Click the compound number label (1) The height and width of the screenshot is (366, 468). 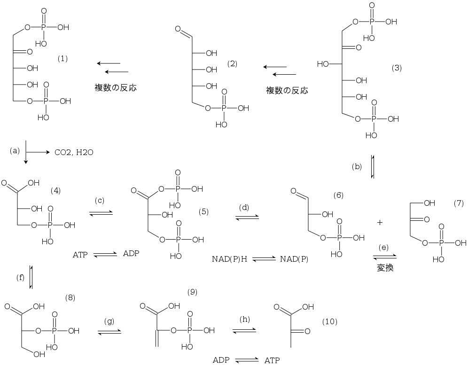(x=62, y=59)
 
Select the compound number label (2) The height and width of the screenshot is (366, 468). (x=232, y=64)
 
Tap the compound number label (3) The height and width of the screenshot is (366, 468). (x=397, y=68)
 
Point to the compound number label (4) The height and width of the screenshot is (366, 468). (x=55, y=190)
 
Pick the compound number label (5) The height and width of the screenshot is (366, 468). (x=203, y=211)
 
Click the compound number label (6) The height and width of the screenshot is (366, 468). (x=339, y=195)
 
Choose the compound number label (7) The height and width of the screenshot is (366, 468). (x=459, y=203)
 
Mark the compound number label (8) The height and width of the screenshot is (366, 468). (x=70, y=297)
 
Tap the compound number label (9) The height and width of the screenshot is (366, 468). (x=192, y=292)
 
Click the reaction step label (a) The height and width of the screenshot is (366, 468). (x=15, y=151)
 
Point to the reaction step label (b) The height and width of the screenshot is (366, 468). (x=357, y=167)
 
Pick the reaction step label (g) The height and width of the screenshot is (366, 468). (x=109, y=321)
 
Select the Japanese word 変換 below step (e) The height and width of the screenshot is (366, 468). (x=384, y=268)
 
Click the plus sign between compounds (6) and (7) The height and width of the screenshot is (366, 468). (x=380, y=223)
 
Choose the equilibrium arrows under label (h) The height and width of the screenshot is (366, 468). (x=244, y=330)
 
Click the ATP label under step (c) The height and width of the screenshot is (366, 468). (x=80, y=255)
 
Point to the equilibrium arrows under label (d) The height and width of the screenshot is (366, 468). (x=247, y=218)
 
